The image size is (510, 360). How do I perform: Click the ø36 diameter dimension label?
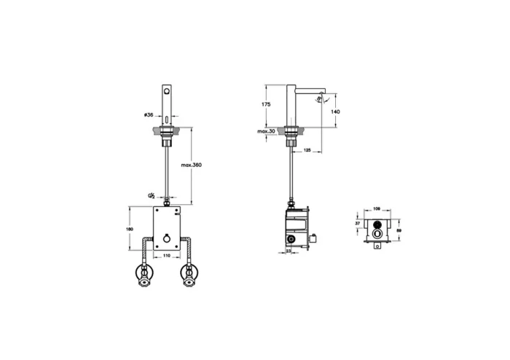click(x=147, y=115)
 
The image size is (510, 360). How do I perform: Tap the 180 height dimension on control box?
click(x=130, y=229)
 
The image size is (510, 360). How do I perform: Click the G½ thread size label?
click(x=151, y=195)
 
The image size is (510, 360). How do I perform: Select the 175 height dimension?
click(x=267, y=105)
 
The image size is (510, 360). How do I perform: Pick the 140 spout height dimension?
click(x=336, y=111)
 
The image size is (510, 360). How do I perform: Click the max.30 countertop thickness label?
click(x=266, y=131)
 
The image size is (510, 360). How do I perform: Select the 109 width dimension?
click(x=377, y=209)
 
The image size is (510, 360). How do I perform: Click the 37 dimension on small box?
click(x=358, y=225)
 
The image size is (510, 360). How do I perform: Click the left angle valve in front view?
click(x=144, y=275)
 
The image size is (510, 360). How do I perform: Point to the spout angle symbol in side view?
click(x=326, y=97)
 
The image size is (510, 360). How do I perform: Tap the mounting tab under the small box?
click(x=377, y=247)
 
